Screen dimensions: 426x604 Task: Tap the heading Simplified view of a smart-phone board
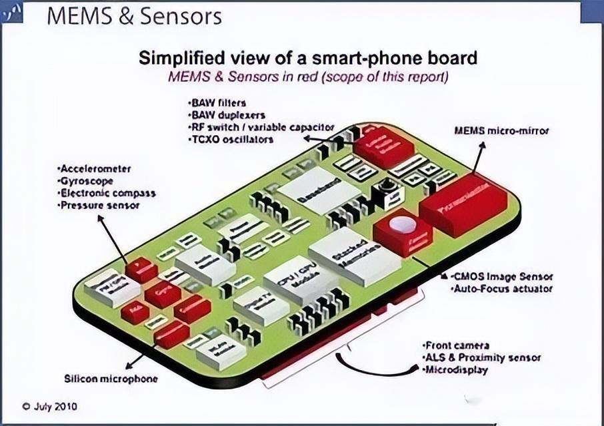(307, 58)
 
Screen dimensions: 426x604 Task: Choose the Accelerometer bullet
(95, 169)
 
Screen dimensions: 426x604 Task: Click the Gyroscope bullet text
(86, 181)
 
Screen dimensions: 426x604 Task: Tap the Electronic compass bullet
(107, 193)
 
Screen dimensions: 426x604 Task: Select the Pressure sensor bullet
(99, 205)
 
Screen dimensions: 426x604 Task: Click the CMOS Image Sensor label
(502, 277)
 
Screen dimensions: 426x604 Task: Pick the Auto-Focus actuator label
(502, 289)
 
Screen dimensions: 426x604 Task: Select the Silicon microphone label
(111, 379)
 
